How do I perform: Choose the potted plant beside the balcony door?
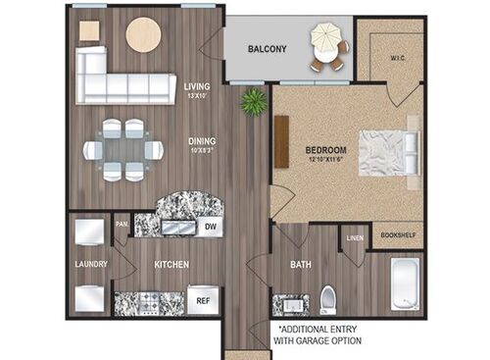255,99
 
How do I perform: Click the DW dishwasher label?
209,227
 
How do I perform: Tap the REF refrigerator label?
203,299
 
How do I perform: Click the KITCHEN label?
171,265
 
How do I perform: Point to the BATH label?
300,265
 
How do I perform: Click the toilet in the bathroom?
328,297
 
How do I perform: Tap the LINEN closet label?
355,236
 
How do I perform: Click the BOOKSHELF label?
397,236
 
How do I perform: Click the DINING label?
202,140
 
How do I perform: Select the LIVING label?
197,86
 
